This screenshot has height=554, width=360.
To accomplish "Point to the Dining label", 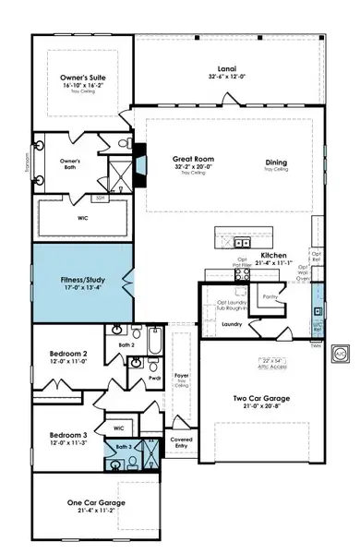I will (276, 163).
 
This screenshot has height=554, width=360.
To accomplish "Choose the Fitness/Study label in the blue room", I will (78, 276).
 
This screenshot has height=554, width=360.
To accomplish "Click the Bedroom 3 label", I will (67, 434).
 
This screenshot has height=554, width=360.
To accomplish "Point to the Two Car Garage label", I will (261, 399).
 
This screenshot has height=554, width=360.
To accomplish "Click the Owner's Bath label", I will (71, 163).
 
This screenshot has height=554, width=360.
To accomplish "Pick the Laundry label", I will (232, 324).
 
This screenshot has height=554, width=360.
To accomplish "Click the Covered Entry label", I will (182, 441).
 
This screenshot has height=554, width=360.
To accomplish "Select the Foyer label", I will (181, 376).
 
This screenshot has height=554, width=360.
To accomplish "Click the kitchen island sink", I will (242, 243).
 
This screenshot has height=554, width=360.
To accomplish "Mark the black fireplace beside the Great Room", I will (139, 160).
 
